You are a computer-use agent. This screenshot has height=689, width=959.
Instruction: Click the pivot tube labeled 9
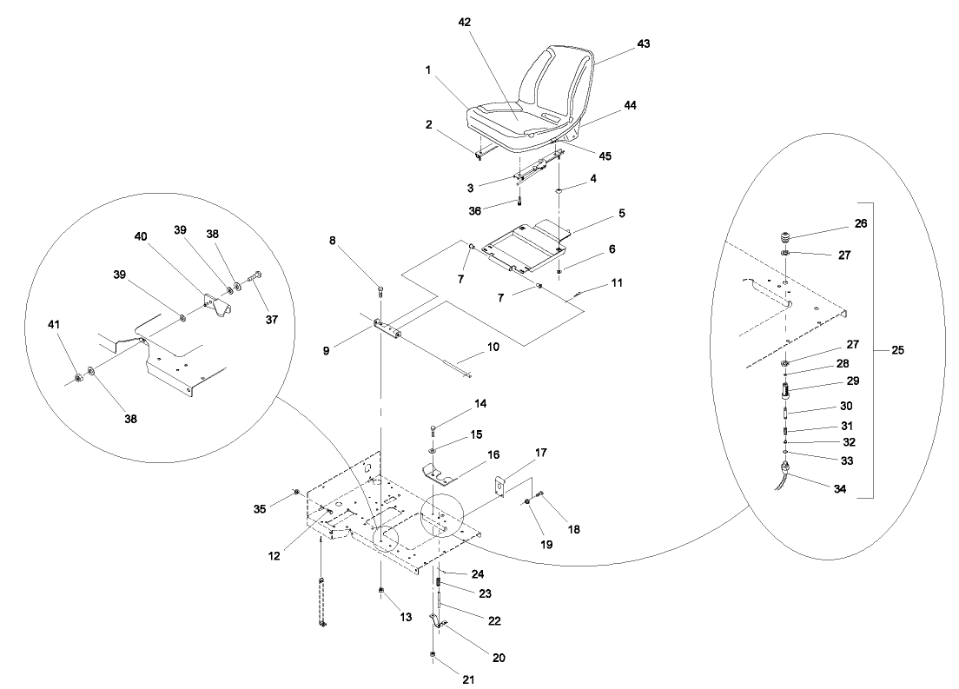[387, 330]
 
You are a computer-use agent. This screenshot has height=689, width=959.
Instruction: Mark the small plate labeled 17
[501, 486]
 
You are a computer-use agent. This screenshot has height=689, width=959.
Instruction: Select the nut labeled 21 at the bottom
[432, 655]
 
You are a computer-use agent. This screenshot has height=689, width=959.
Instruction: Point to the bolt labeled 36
[519, 201]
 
